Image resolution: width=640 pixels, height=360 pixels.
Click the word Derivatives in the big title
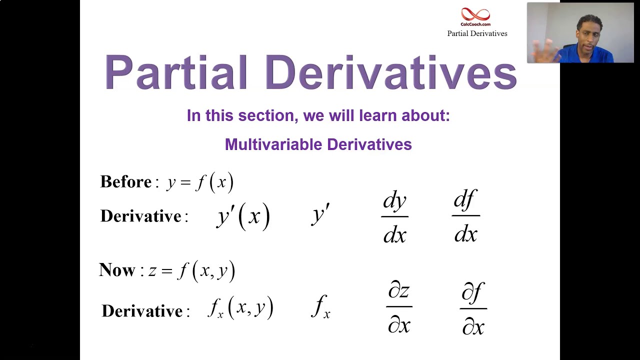click(390, 72)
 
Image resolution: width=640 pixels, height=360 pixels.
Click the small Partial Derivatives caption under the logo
click(477, 33)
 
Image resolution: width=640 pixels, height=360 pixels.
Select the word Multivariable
click(273, 144)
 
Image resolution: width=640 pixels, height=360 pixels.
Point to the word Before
click(126, 181)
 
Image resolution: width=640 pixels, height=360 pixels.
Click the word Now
click(117, 270)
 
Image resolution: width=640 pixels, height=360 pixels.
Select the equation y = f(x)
click(200, 182)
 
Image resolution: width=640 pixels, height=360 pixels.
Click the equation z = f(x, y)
click(191, 270)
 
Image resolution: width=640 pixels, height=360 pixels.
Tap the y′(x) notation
click(243, 216)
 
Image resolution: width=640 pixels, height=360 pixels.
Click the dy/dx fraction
click(394, 216)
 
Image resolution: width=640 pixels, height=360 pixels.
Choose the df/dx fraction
click(465, 216)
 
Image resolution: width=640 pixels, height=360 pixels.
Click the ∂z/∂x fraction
click(399, 307)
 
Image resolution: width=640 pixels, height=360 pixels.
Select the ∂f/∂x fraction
click(473, 308)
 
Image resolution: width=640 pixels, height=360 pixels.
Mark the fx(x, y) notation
click(240, 308)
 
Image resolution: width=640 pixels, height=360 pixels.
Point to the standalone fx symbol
click(320, 306)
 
